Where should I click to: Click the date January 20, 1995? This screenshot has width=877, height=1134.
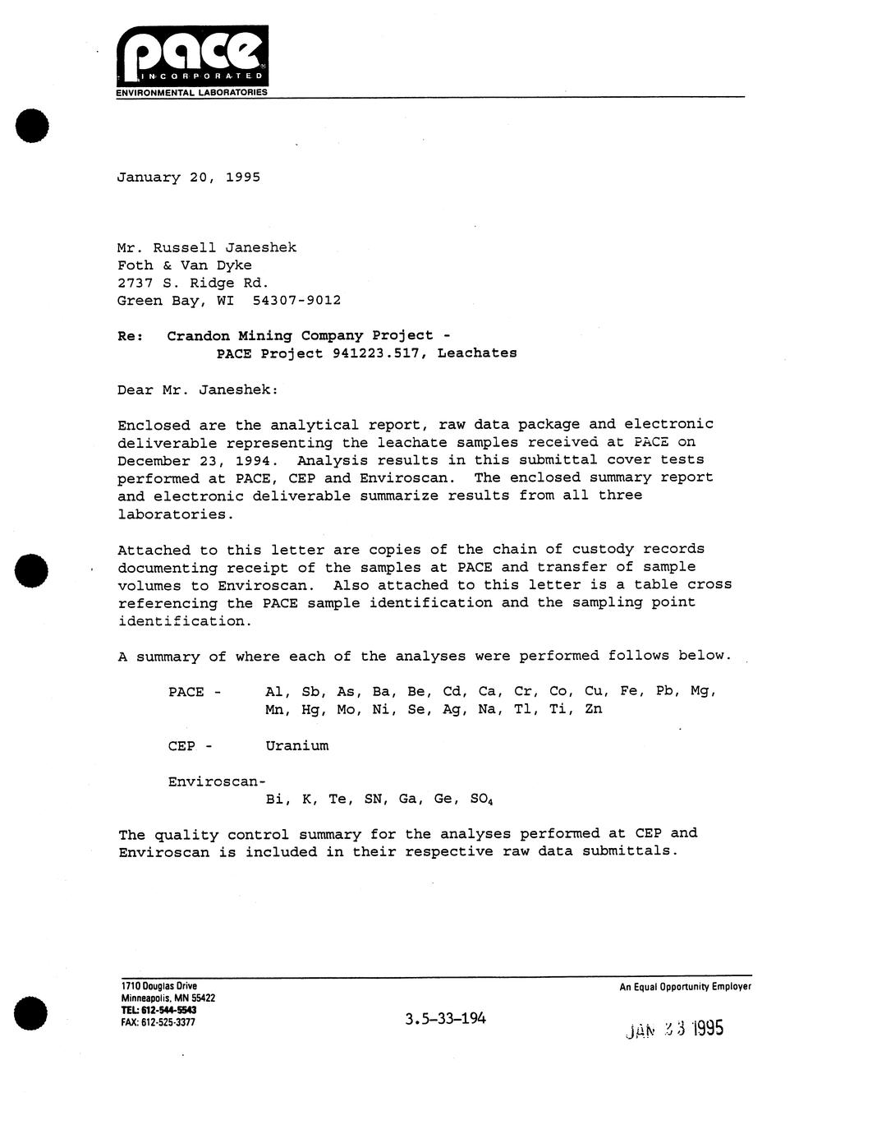click(188, 177)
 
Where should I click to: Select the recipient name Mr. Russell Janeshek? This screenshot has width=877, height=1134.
click(206, 247)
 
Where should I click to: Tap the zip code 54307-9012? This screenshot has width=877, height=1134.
click(291, 300)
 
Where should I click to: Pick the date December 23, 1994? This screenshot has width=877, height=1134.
click(198, 460)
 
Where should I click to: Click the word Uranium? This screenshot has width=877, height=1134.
click(296, 746)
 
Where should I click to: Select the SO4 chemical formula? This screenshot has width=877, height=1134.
click(481, 799)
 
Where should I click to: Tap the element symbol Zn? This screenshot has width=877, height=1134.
click(593, 708)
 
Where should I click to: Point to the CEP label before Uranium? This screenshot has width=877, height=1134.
click(182, 746)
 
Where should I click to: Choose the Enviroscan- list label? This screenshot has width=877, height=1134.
click(217, 781)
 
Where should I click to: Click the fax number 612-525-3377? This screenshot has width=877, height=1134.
click(168, 1023)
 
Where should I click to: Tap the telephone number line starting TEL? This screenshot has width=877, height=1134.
click(158, 1010)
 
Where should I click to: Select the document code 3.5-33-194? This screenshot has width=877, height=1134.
click(445, 1019)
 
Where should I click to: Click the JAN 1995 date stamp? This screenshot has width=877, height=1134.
click(674, 1028)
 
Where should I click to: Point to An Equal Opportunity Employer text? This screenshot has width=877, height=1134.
click(685, 987)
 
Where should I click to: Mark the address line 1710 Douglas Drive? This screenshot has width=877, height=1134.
click(158, 986)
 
